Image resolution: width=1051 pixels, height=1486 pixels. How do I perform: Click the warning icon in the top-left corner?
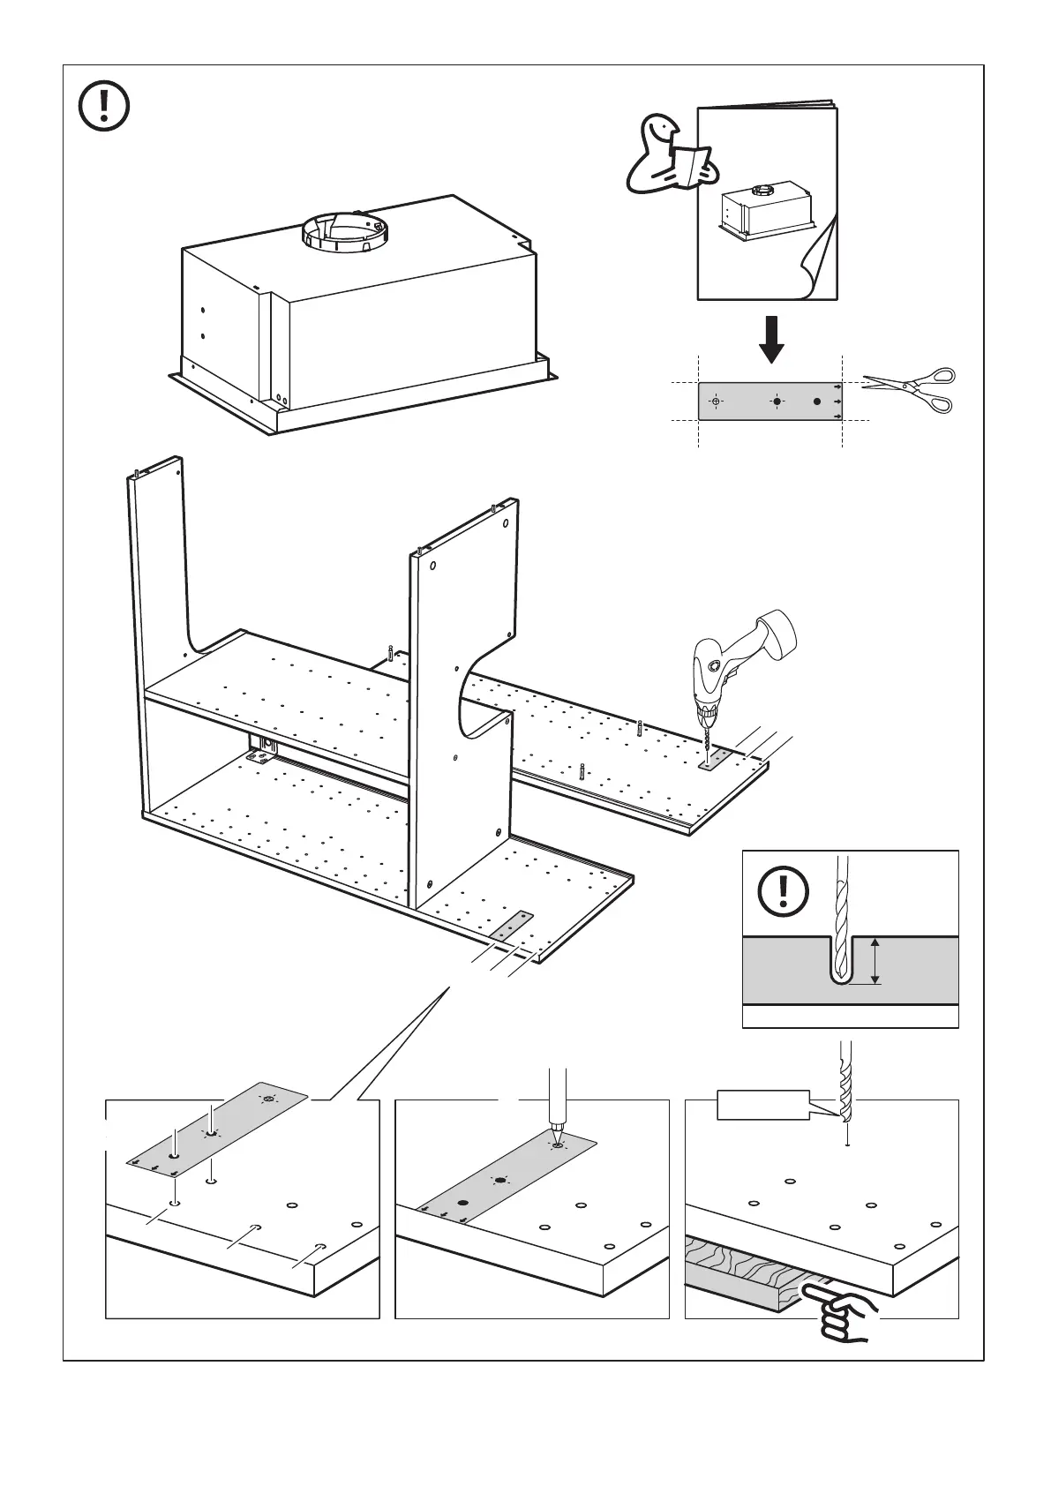point(104,107)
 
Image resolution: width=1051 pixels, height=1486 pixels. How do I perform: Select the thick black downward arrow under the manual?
point(771,339)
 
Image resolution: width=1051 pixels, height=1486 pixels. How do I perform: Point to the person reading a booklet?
point(669,157)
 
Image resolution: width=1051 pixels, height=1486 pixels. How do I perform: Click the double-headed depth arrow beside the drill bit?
point(875,962)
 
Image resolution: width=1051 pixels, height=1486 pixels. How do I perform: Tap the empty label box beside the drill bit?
point(762,1106)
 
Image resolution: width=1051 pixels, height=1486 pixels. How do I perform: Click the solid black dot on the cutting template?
point(817,402)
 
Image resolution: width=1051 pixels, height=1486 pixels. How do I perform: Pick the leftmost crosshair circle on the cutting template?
point(716,402)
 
